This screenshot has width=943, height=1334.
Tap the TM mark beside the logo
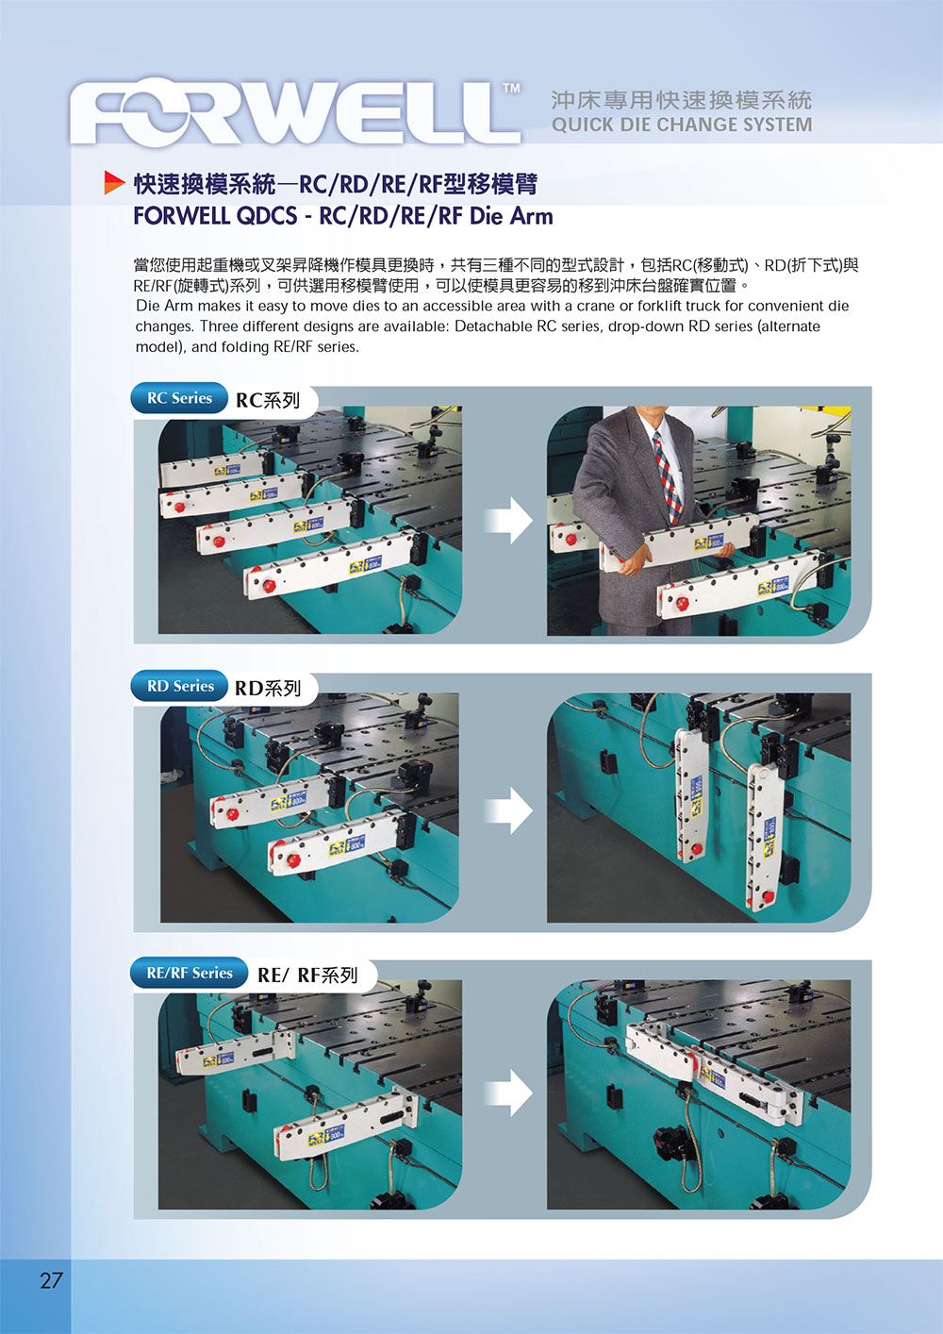coord(510,89)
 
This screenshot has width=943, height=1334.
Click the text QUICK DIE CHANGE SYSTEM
coord(681,125)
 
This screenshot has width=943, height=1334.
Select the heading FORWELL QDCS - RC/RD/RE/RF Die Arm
coord(343,216)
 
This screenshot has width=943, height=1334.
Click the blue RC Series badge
coord(179,398)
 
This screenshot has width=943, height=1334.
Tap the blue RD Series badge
coord(180,686)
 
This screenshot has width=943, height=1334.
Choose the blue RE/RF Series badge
coord(189,973)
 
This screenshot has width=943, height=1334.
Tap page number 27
coord(51,1280)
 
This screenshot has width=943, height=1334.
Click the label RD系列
coord(268,688)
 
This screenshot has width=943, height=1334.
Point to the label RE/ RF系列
coord(307,975)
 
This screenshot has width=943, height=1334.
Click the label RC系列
coord(268,400)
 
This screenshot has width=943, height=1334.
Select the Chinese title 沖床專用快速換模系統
coord(681,100)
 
